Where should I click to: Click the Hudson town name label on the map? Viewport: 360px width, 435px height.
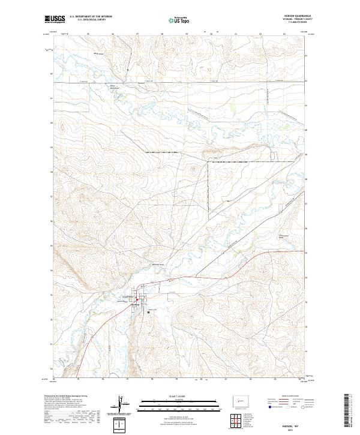(136, 304)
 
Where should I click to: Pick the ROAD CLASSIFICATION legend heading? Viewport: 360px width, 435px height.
(286, 397)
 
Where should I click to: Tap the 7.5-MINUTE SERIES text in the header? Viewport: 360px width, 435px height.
(298, 23)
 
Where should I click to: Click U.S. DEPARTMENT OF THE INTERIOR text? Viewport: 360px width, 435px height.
(90, 16)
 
